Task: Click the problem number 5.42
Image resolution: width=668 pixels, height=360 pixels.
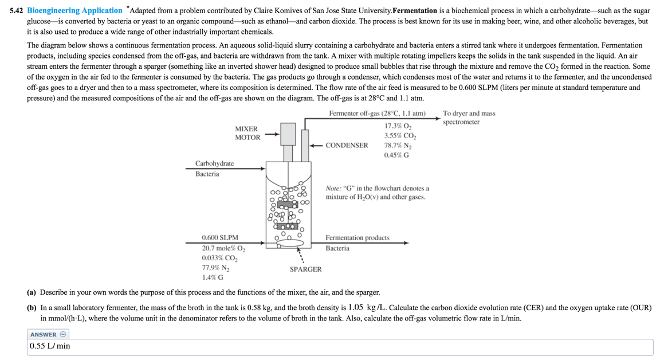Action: point(17,11)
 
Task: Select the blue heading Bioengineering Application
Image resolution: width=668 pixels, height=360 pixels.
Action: point(74,11)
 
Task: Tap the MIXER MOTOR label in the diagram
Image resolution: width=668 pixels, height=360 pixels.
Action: point(247,133)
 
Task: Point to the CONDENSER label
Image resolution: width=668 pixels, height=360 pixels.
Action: point(347,145)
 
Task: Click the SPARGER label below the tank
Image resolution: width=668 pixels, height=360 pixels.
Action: point(305,269)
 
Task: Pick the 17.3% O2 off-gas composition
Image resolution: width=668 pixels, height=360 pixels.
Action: point(398,126)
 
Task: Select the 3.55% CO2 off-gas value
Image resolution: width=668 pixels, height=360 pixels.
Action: point(400,136)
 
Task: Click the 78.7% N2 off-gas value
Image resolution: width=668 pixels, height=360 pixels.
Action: point(398,146)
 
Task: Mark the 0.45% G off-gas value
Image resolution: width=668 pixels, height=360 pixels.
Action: point(396,155)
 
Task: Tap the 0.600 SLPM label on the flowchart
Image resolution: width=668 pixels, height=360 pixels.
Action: point(220,237)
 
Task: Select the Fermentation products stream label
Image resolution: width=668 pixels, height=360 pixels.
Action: point(357,237)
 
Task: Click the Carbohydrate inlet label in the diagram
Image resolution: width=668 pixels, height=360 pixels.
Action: point(214,163)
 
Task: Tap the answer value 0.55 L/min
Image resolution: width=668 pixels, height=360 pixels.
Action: point(50,346)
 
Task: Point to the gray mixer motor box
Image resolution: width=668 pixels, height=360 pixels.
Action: point(288,134)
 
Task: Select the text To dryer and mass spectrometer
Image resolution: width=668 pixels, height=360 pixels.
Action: point(469,118)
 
